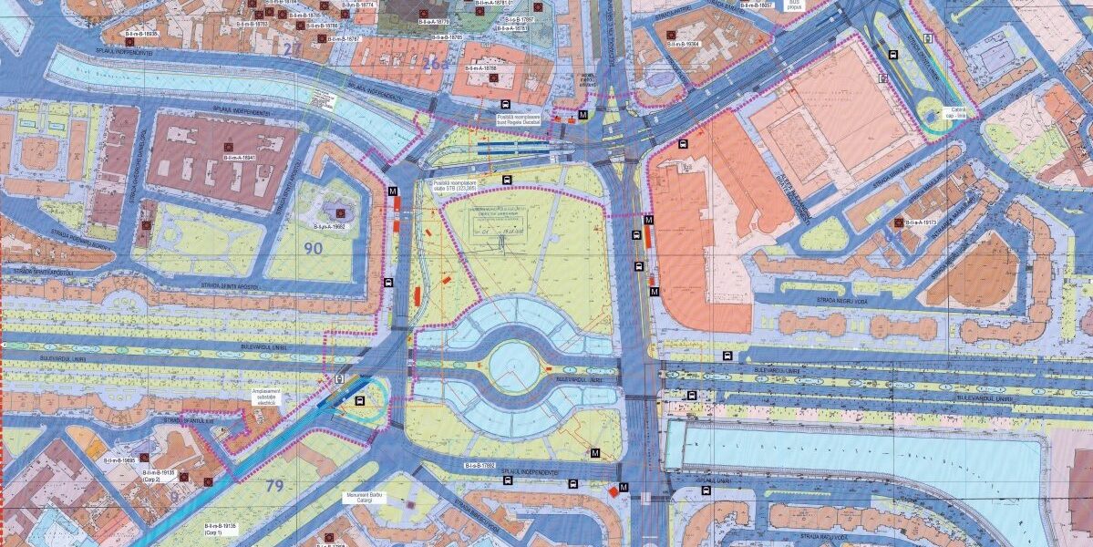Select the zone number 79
(x=274, y=486)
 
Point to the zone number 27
(x=291, y=48)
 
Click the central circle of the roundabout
(x=512, y=366)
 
